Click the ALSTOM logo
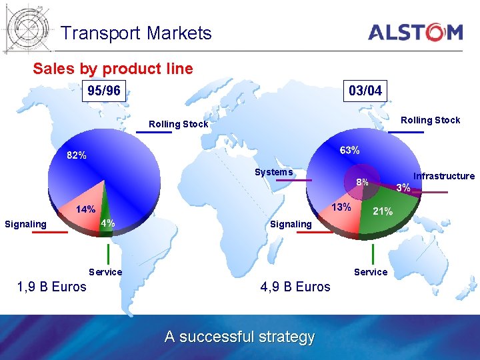(415, 32)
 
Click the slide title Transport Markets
(136, 33)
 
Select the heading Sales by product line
(113, 69)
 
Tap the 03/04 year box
(365, 91)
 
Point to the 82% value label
(76, 155)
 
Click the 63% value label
(350, 151)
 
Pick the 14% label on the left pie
(85, 209)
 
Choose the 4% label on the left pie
(107, 223)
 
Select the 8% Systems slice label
(362, 182)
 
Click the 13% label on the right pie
(341, 207)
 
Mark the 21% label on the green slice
(382, 212)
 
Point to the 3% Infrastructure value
(403, 188)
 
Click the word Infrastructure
(444, 176)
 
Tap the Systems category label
(273, 172)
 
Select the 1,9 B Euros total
(51, 287)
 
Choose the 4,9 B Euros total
(295, 287)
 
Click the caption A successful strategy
(239, 337)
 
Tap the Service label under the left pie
(105, 271)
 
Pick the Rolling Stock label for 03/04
(430, 120)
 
